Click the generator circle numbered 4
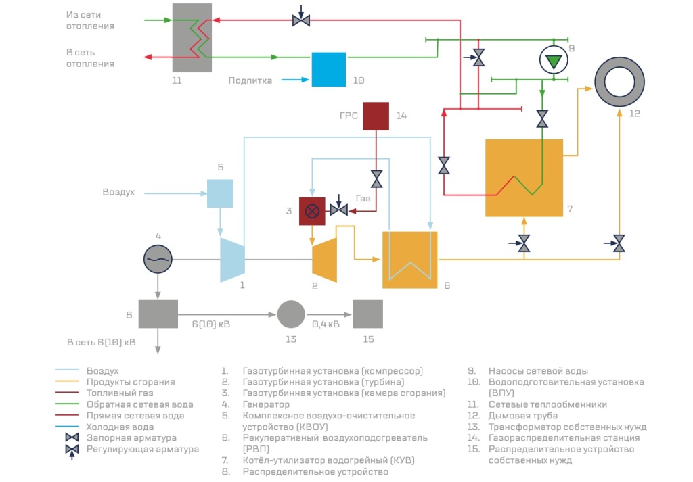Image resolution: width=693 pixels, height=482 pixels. pos(158,258)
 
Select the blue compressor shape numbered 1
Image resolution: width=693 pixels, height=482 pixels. pos(232,259)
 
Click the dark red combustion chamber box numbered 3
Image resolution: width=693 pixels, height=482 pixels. pos(312,211)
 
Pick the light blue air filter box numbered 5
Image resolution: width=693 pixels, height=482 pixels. pos(220,193)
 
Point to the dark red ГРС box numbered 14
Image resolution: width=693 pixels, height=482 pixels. pos(376,116)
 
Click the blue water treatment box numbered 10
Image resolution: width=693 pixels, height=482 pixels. pos(328,69)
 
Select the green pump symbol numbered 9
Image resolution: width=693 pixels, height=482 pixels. pos(554,62)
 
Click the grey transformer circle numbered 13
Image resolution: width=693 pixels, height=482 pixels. pos(291,314)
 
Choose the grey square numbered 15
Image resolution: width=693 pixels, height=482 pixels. pos(368,314)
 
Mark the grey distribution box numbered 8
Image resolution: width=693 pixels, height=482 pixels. pos(158,314)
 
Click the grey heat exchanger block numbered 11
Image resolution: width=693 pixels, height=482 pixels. pos(192,38)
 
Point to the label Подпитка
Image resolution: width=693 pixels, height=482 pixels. pos(250,80)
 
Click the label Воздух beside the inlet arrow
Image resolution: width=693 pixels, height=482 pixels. pos(118,192)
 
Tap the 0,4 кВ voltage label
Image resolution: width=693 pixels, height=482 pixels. pos(327,324)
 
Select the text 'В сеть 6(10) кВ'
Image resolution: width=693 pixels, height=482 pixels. pos(101,342)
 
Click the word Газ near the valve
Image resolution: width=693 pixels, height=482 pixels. pos(363,198)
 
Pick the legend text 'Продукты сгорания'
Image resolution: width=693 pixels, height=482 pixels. pos(130,382)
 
